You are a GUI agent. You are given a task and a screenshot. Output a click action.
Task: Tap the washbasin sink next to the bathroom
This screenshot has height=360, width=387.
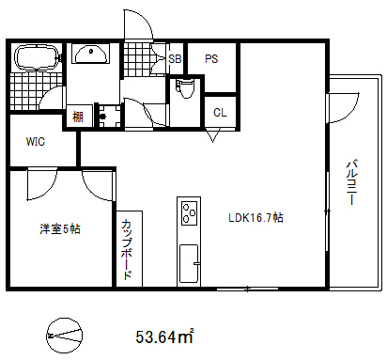pos(92,55)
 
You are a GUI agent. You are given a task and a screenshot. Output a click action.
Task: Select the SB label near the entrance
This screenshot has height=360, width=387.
pos(175,58)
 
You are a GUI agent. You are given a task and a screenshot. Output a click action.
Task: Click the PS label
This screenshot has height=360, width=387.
pos(211,58)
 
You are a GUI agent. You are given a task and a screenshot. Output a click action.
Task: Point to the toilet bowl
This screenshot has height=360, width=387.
pos(184,91)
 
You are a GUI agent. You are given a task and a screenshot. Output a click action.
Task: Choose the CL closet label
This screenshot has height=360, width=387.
pos(219,112)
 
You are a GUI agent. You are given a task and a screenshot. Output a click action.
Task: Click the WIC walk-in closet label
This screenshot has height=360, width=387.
pos(36,143)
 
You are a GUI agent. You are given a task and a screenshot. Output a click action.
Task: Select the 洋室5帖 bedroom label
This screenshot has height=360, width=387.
pos(59,229)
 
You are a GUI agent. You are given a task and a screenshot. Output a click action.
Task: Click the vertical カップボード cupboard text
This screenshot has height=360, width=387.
pos(127,249)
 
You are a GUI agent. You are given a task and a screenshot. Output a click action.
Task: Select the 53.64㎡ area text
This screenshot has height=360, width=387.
pos(164,336)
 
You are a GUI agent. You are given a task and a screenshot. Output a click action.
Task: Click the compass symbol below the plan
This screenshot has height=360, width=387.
pos(65,332)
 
